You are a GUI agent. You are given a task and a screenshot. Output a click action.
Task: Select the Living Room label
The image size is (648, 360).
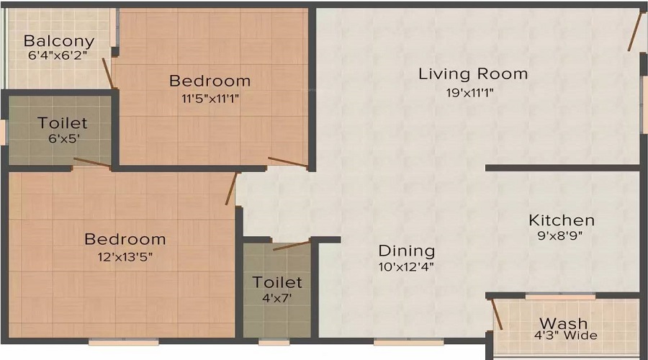pos(473,73)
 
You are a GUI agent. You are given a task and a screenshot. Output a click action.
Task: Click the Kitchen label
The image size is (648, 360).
pos(562,220)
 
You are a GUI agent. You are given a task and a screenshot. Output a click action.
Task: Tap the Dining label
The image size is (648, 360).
pos(407,251)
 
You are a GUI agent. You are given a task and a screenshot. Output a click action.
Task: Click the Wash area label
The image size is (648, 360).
pos(564,323)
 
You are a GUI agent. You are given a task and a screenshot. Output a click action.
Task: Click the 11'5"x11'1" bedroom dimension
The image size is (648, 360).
pos(210,99)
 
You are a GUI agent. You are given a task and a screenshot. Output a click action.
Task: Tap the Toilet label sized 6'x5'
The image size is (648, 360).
pos(63,124)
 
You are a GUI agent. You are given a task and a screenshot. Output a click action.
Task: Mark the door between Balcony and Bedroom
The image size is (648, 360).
pos(107,73)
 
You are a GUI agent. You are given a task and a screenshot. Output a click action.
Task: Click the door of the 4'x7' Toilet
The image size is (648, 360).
pos(292,246)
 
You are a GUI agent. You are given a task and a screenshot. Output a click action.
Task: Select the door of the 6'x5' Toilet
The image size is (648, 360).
pos(92,162)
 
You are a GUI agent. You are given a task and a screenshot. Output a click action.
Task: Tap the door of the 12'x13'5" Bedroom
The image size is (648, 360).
pos(231,189)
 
